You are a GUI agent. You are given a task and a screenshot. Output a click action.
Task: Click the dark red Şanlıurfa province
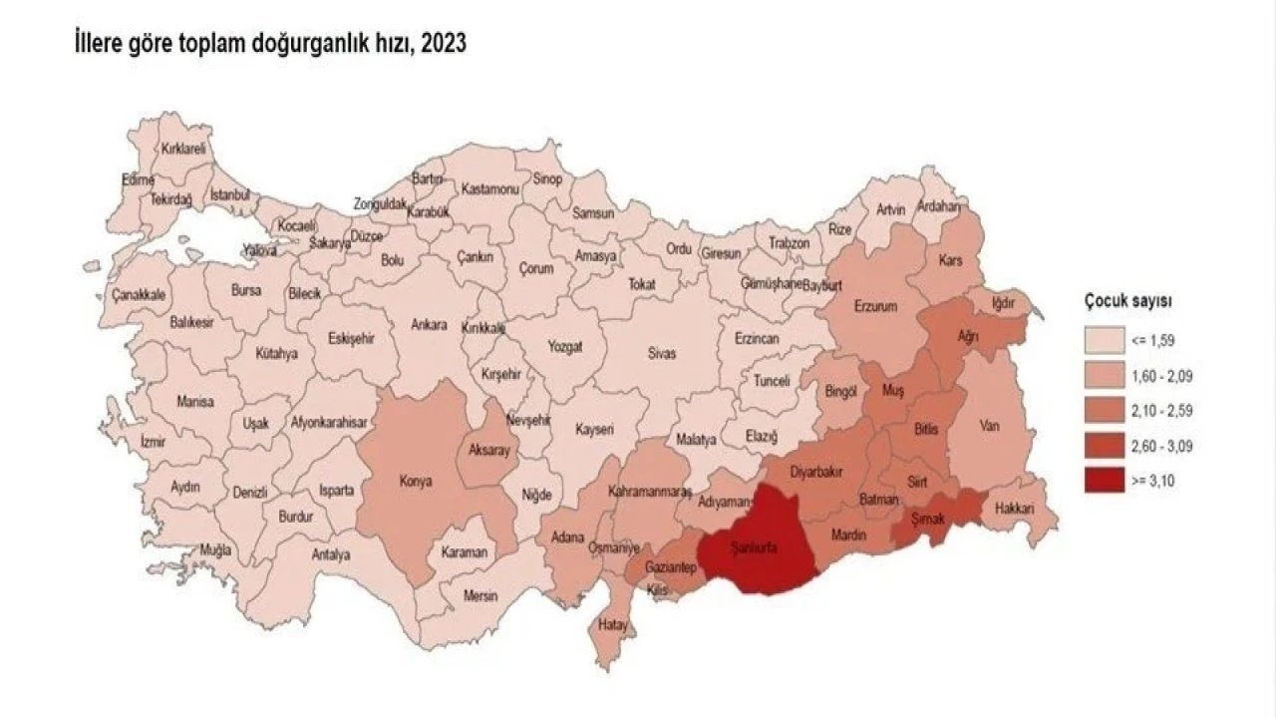tap(758, 543)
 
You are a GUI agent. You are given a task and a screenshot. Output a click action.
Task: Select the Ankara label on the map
tap(430, 325)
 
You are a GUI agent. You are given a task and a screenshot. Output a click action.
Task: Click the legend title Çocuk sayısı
tap(1128, 300)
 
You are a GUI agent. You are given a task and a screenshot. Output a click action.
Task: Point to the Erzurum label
tap(876, 306)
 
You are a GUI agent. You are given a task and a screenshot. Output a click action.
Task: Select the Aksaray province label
tap(489, 452)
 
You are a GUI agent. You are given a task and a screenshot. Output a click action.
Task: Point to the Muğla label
tap(215, 549)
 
